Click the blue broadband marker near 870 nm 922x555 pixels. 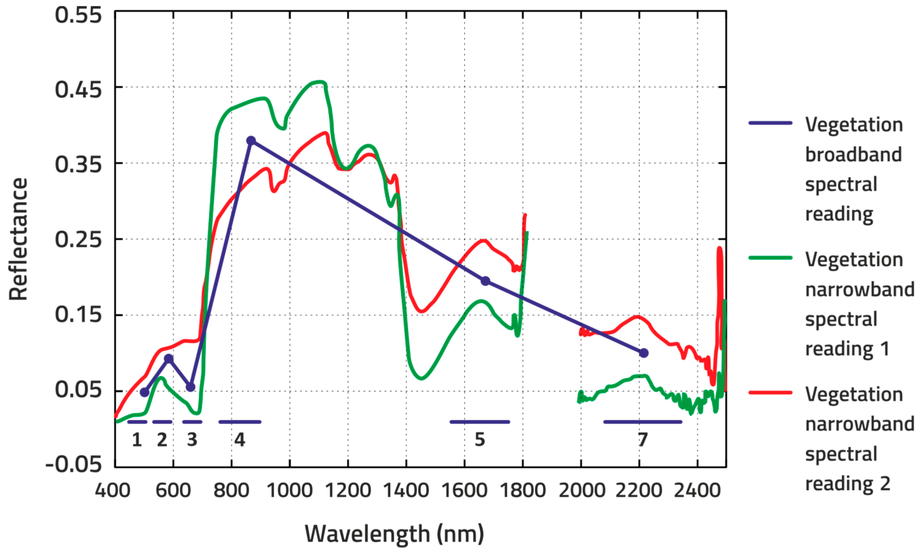coord(251,141)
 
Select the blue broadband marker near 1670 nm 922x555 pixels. coord(485,281)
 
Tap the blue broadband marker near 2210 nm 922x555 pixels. coord(643,353)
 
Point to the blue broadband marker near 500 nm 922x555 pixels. coord(144,392)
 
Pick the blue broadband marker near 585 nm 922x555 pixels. coord(169,359)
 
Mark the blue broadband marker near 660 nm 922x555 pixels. coord(190,387)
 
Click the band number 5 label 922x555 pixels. coord(480,440)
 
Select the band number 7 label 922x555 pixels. coord(643,440)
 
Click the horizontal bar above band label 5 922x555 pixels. coord(480,422)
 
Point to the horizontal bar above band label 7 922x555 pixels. coord(643,422)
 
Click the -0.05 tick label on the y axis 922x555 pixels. coord(73,464)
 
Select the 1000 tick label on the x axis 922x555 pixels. coord(289,491)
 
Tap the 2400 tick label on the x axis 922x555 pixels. coord(697,491)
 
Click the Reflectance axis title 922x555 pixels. coord(19,239)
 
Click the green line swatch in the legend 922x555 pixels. coord(770,258)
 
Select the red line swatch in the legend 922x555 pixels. coord(770,392)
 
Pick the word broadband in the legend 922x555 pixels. coord(853,155)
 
